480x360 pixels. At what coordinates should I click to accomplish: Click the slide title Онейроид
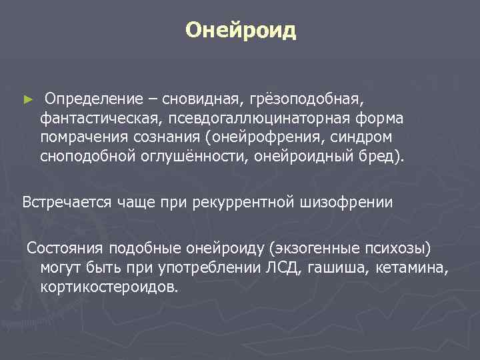pos(240,31)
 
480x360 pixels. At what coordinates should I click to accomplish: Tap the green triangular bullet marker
pos(27,99)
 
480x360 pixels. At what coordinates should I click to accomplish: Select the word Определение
pos(93,99)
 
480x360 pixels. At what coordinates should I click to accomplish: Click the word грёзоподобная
pos(307,99)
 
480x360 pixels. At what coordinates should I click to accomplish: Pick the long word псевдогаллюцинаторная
pos(259,118)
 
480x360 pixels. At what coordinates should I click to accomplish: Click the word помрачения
pos(79,137)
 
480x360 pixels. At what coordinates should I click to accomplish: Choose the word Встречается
pos(65,202)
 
